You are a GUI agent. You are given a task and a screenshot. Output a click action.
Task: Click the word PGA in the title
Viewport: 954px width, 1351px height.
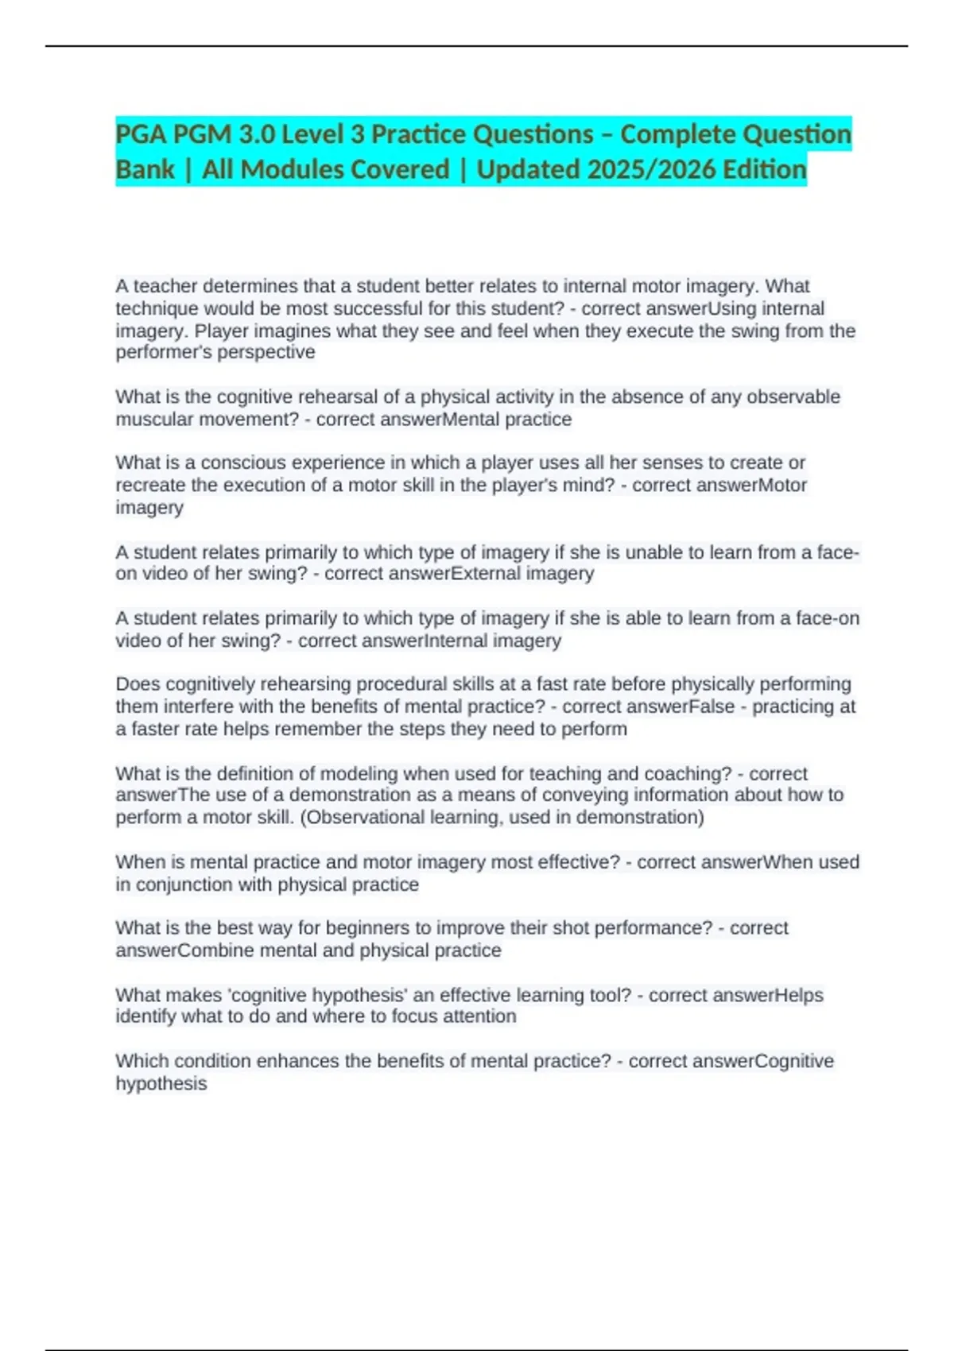(142, 134)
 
